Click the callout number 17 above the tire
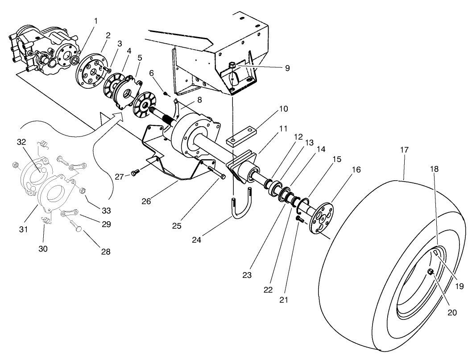point(404,150)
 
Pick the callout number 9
point(287,68)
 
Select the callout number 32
point(22,142)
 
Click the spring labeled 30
point(46,219)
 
